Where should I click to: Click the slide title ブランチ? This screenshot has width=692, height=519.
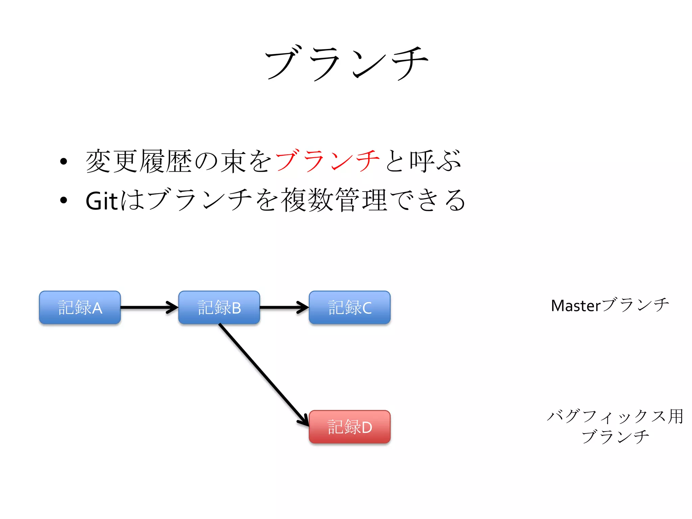click(x=346, y=63)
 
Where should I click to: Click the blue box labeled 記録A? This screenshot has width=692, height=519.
click(x=80, y=307)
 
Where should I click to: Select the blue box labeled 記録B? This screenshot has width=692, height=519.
click(x=219, y=307)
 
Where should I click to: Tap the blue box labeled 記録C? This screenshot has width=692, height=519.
click(x=350, y=307)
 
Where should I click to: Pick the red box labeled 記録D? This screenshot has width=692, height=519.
click(x=350, y=427)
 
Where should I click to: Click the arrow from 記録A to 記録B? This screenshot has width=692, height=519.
click(x=149, y=307)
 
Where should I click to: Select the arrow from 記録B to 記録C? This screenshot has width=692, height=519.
click(x=284, y=307)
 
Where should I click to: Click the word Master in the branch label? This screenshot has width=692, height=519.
click(x=576, y=306)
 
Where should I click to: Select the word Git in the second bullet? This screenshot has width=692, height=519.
click(x=101, y=201)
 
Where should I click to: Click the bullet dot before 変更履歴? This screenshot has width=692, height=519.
click(x=64, y=161)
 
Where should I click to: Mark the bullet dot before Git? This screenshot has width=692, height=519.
click(x=64, y=200)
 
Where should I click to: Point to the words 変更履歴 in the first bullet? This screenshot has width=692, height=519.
click(x=139, y=161)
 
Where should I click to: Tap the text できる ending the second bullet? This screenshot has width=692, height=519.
click(x=428, y=200)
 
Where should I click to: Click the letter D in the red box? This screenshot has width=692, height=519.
click(x=367, y=427)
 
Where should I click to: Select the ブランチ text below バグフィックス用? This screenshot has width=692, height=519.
click(x=615, y=437)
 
